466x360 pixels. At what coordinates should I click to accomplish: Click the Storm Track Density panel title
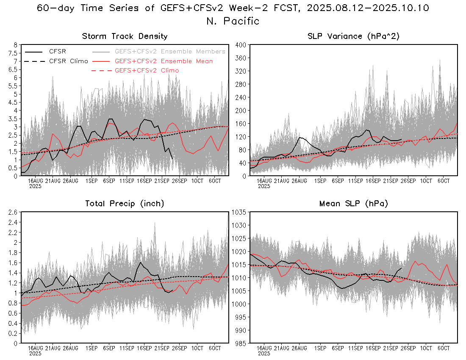click(x=125, y=36)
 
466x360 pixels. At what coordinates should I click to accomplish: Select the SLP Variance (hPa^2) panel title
click(x=353, y=36)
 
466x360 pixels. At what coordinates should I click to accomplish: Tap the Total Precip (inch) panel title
click(x=125, y=204)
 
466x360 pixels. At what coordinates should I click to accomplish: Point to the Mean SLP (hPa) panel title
click(x=353, y=204)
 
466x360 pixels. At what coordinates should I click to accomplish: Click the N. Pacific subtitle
click(x=233, y=21)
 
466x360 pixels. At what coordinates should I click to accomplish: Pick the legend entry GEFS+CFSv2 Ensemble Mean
click(x=164, y=61)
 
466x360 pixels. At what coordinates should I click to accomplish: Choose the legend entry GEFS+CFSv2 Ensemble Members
click(x=170, y=52)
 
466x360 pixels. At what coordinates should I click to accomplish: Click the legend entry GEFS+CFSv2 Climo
click(x=147, y=70)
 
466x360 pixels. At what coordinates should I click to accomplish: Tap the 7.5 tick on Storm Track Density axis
click(x=13, y=53)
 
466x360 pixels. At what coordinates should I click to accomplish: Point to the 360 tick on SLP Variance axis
click(x=241, y=58)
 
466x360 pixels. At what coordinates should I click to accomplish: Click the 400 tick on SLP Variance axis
click(x=241, y=44)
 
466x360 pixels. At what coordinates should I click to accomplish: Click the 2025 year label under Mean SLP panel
click(x=264, y=353)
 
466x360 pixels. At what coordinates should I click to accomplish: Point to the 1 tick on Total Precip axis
click(x=16, y=293)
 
